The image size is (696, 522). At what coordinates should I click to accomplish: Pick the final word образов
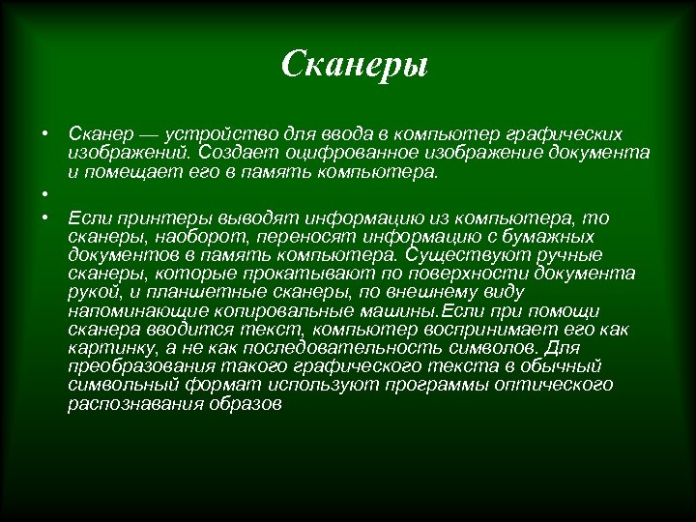[x=246, y=404]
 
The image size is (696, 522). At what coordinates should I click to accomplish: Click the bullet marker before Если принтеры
[x=44, y=217]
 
